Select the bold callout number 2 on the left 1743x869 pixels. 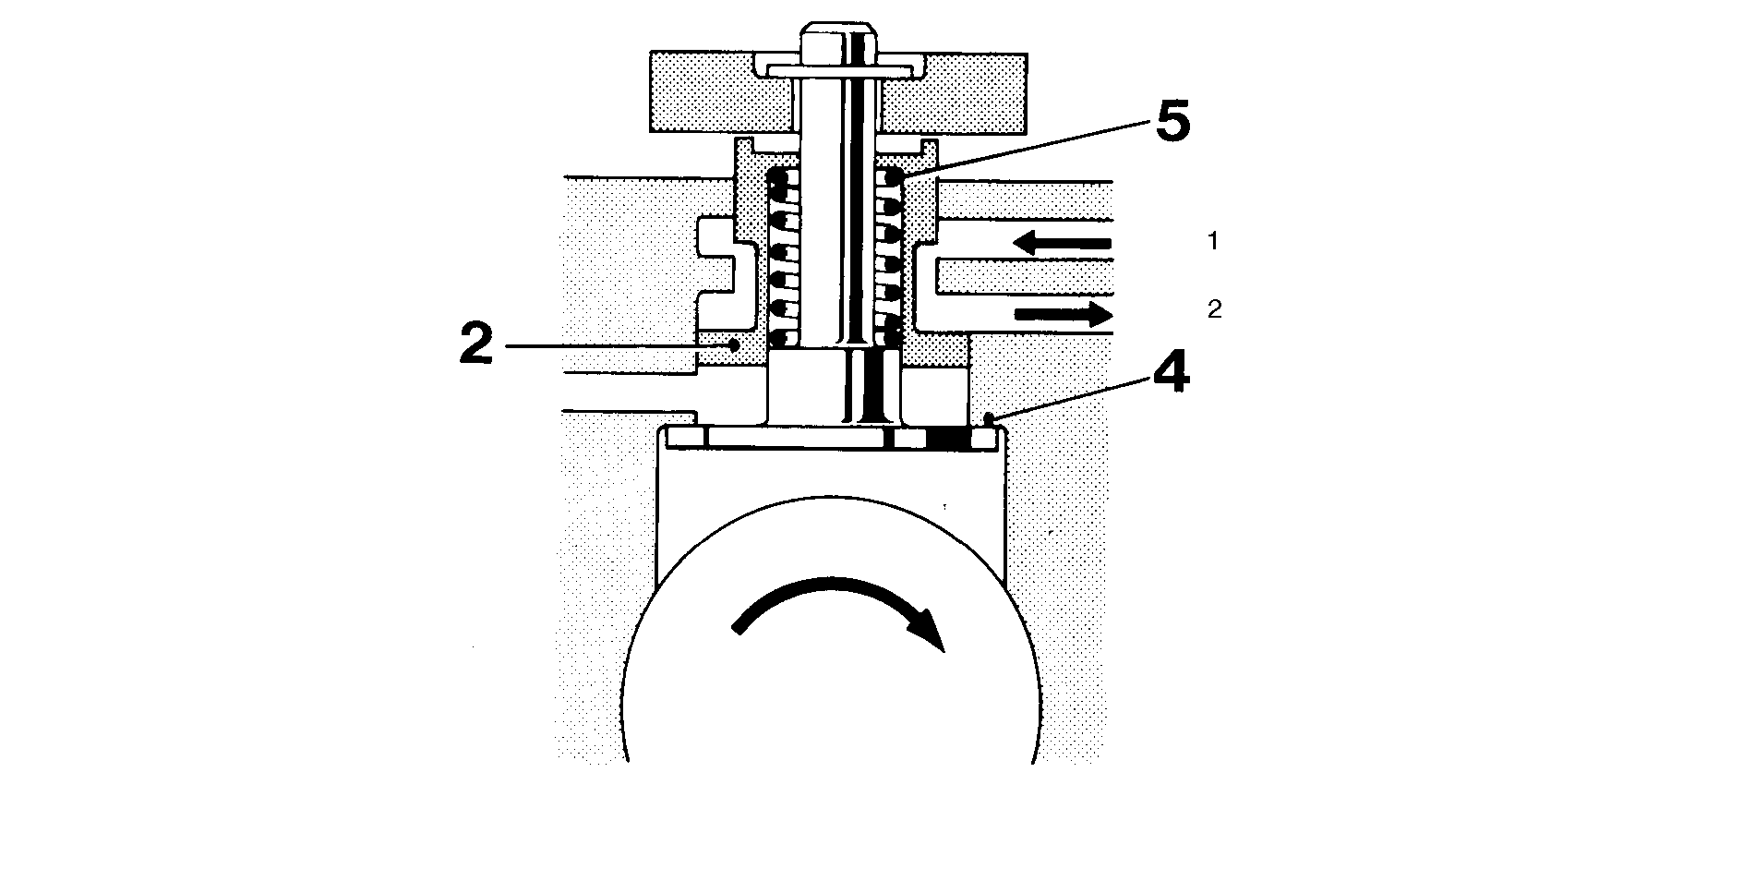(477, 345)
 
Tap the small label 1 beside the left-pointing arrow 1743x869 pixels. (1213, 242)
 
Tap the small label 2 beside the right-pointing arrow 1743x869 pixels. (1214, 310)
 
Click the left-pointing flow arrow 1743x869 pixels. (1062, 243)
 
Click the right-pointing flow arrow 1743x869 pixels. (1064, 314)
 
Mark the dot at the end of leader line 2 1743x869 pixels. (734, 345)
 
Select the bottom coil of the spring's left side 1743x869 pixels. (784, 336)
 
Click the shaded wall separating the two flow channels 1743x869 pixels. (1023, 275)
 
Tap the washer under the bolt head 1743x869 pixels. (837, 68)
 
